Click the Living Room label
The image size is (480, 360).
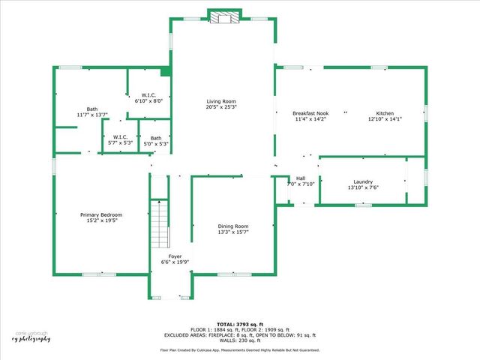coord(221,101)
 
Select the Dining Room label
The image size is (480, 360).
coord(233,226)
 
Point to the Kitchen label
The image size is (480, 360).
coord(385,113)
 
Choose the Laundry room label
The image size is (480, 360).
coord(363,181)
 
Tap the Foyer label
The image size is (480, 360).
coord(175,256)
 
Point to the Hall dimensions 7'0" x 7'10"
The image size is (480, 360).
coord(301,184)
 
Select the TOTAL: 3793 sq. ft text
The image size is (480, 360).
coord(239,324)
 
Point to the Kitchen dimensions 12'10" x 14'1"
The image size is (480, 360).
coord(385,119)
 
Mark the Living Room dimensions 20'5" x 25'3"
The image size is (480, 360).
coord(221,107)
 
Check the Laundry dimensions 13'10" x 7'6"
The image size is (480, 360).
coord(363,187)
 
